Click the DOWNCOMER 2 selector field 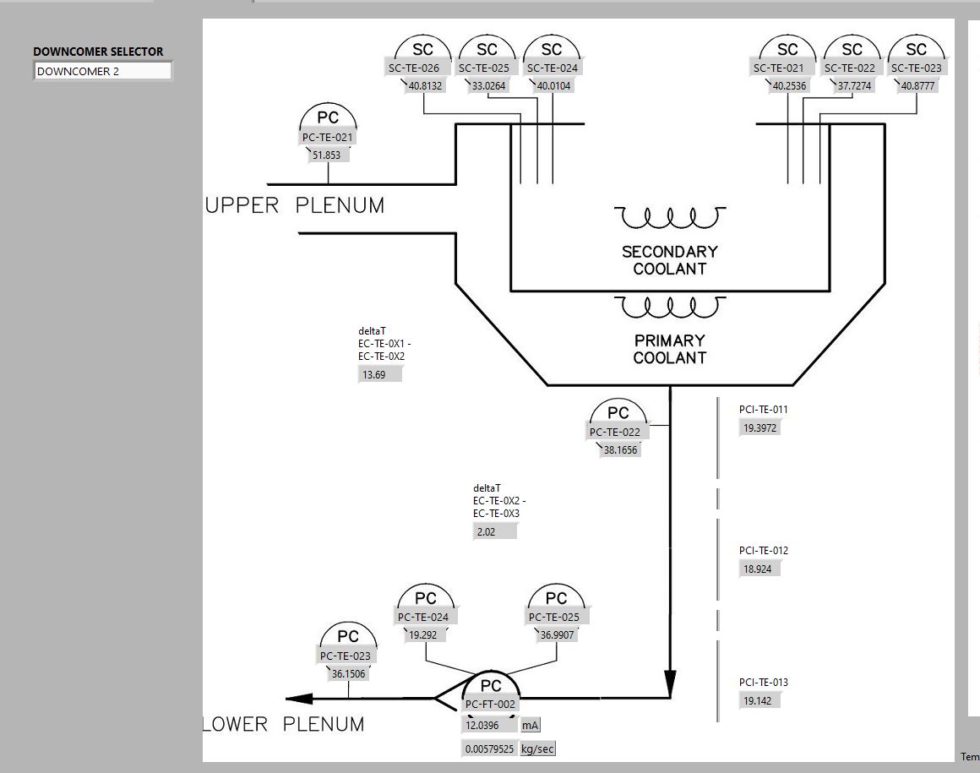(x=102, y=71)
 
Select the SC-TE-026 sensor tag (x=414, y=68)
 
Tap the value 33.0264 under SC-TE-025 (x=489, y=85)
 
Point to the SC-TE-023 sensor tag (x=917, y=68)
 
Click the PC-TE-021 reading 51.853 (x=327, y=155)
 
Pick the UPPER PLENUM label (x=294, y=205)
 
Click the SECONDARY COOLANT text (x=669, y=260)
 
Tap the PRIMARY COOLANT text (x=669, y=349)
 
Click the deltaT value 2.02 (x=494, y=531)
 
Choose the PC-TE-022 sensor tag (x=615, y=432)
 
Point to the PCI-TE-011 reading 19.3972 (x=760, y=428)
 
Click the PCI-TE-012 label (x=764, y=551)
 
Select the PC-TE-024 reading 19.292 (x=423, y=635)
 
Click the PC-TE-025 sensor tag (x=553, y=618)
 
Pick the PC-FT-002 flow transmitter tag (x=491, y=705)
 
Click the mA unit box (x=530, y=726)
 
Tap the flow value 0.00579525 (x=489, y=749)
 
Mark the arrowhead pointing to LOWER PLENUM (x=299, y=698)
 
